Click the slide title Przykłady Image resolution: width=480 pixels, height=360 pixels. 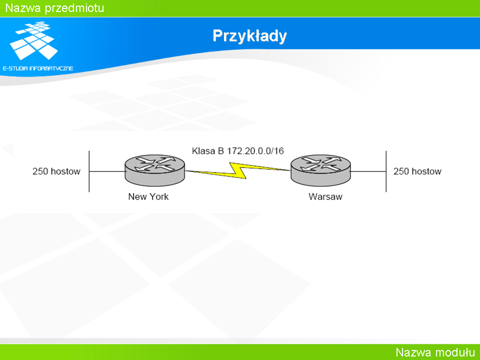pos(249,36)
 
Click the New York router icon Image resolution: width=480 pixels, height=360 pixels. pos(155,170)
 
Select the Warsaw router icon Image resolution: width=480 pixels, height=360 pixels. pos(320,170)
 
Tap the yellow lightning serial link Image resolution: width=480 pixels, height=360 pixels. pos(238,170)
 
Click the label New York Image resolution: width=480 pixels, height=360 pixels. pos(148,196)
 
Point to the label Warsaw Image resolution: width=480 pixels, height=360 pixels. pos(325,196)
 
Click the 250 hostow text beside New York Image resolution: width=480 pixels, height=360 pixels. pos(56,171)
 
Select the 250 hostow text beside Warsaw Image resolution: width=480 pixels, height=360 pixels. pos(417,171)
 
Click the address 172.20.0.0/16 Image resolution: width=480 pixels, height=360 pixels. pos(255,151)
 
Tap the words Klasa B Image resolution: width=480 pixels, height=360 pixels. pos(208,151)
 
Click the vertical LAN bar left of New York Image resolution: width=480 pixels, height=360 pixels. pos(89,171)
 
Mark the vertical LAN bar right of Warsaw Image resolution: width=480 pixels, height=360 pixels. pos(386,171)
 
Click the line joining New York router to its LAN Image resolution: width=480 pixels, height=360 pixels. pos(107,171)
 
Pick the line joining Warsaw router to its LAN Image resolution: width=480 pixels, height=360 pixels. pos(368,171)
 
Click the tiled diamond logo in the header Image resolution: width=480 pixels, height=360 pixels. pos(33,40)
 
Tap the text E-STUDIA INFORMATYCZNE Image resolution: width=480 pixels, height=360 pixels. pos(38,68)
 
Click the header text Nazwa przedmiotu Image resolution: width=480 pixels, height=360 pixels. pos(55,8)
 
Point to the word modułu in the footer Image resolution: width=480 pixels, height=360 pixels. pos(455,352)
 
